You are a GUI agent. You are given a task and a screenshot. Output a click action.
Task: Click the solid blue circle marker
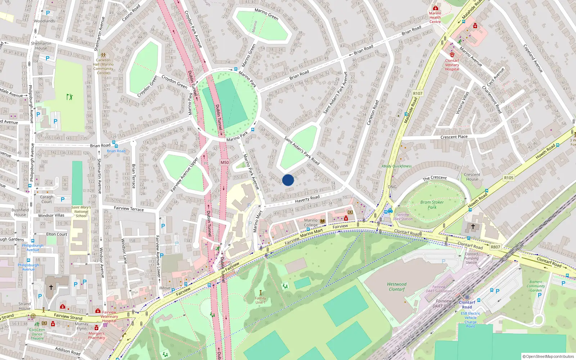(288, 180)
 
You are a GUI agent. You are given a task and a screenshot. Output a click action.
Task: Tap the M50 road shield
(225, 162)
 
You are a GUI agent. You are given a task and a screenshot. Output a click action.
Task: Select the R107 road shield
(418, 94)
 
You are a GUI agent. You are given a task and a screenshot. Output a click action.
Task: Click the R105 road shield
(509, 178)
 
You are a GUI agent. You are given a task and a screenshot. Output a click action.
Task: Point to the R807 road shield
(495, 247)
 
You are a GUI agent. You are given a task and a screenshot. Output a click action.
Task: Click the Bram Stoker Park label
(432, 205)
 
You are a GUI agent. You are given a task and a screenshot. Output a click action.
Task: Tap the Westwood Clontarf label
(397, 287)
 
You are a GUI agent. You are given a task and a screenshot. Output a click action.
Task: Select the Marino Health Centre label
(435, 17)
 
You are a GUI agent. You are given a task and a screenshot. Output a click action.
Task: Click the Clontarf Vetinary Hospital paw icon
(452, 55)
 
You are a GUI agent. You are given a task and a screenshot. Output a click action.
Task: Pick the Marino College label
(311, 222)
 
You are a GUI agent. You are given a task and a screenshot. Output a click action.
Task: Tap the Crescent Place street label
(454, 137)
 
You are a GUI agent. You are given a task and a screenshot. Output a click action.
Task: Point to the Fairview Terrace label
(129, 209)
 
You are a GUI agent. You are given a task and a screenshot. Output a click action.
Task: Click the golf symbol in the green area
(69, 97)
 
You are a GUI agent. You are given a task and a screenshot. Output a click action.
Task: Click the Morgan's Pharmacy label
(96, 336)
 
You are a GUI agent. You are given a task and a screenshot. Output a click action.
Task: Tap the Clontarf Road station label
(467, 305)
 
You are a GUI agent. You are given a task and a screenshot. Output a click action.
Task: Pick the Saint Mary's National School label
(81, 211)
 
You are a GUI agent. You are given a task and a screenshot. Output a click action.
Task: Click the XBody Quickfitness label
(396, 166)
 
